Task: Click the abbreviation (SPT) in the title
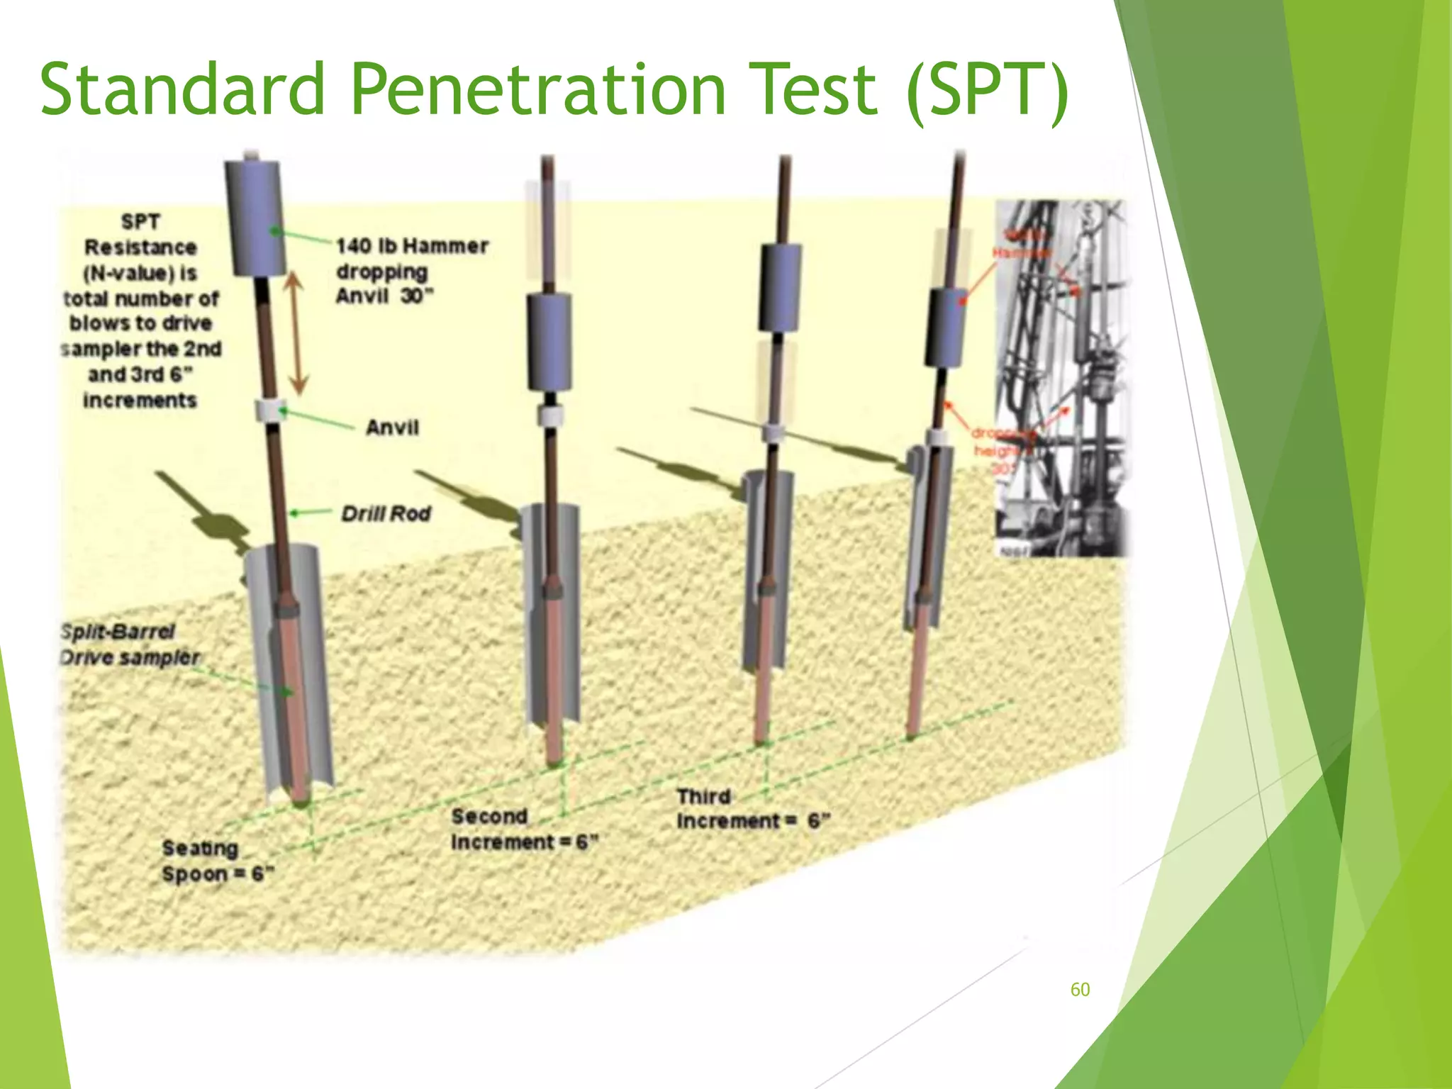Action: (x=987, y=89)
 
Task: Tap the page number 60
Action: (x=1080, y=990)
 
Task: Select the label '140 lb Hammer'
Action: (x=411, y=246)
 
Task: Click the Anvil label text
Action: (x=392, y=428)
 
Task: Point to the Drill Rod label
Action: (x=386, y=513)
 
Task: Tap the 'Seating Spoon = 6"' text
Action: (x=213, y=861)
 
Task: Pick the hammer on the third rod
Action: (x=780, y=287)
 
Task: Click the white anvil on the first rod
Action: (x=270, y=411)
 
